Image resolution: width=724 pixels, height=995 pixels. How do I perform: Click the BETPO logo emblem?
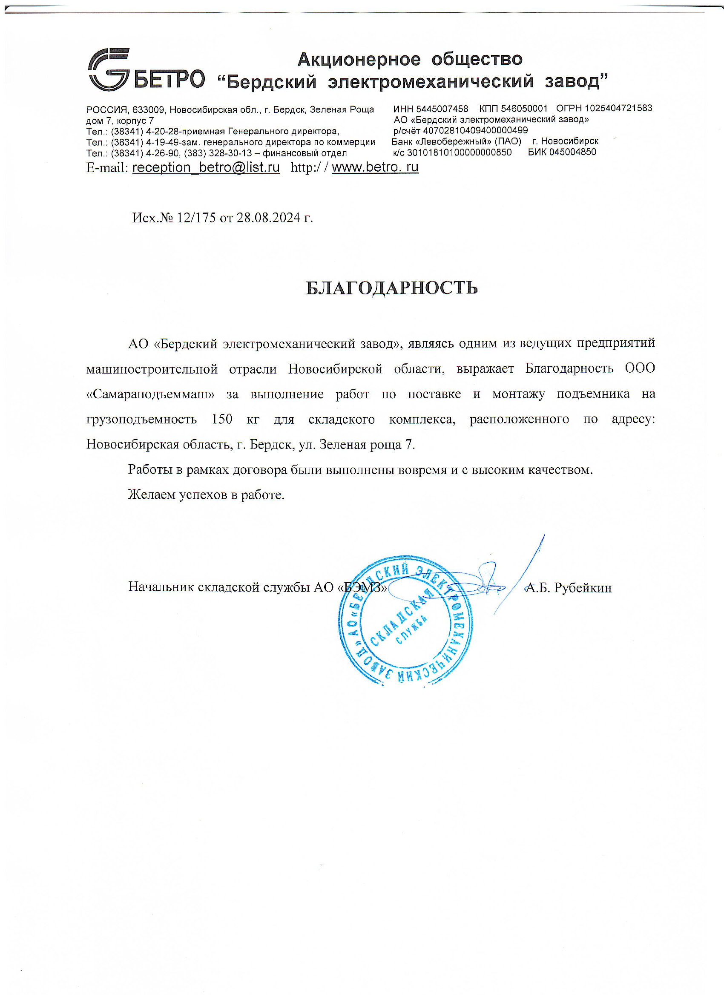point(109,69)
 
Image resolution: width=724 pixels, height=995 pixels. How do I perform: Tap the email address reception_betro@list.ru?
point(206,167)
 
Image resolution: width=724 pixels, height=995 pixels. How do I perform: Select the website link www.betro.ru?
point(375,167)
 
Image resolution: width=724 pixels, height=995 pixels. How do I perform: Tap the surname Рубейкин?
point(582,587)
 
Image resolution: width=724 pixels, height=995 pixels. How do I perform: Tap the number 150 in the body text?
point(222,419)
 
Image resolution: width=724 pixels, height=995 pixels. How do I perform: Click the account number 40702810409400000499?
point(475,130)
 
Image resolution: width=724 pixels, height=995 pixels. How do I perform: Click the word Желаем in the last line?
point(152,495)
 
